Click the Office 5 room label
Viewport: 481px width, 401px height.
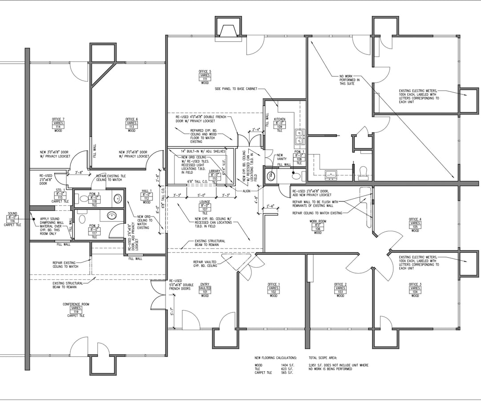coord(205,72)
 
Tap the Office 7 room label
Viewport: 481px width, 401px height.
coord(58,119)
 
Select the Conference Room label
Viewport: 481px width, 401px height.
coord(76,304)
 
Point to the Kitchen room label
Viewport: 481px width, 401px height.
coord(279,119)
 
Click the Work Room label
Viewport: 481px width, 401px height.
coord(318,221)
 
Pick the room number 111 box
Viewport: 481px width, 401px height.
coord(205,79)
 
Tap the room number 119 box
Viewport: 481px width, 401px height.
coord(76,312)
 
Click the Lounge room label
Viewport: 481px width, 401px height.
coord(205,202)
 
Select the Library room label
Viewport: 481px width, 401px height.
coord(214,171)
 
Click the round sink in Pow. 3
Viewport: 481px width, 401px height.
coord(117,198)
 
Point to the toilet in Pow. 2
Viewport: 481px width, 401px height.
coord(81,219)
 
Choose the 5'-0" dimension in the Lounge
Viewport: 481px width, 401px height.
coord(202,195)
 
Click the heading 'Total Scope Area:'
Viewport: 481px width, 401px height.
coord(323,358)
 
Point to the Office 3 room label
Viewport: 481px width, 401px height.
coord(415,284)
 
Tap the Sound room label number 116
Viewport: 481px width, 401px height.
coord(12,221)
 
